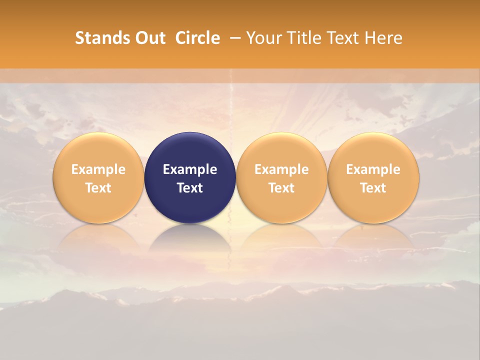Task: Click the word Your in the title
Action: tap(265, 38)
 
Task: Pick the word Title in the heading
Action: tap(304, 38)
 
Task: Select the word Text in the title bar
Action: tap(344, 38)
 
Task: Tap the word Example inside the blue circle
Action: tap(190, 169)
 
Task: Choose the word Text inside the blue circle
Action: tap(190, 188)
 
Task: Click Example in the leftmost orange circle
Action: tap(98, 169)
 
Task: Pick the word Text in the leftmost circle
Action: tap(98, 188)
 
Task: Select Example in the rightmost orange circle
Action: tap(373, 169)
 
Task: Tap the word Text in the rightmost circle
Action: tap(373, 188)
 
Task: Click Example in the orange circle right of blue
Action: tap(281, 169)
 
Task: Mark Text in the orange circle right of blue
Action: tap(281, 188)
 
